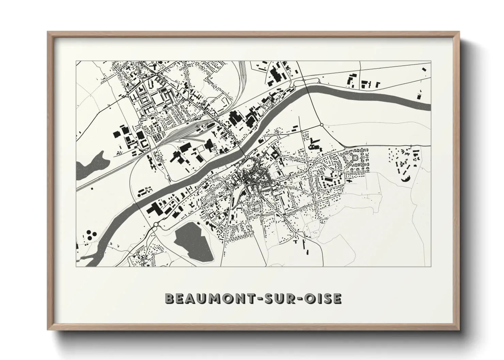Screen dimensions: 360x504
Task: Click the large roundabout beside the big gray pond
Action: [156, 224]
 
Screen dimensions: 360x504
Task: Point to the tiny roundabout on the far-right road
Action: [411, 146]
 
